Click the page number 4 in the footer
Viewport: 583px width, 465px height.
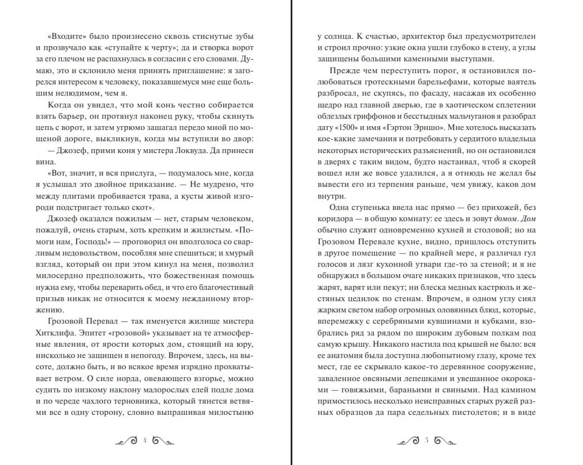click(x=145, y=440)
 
